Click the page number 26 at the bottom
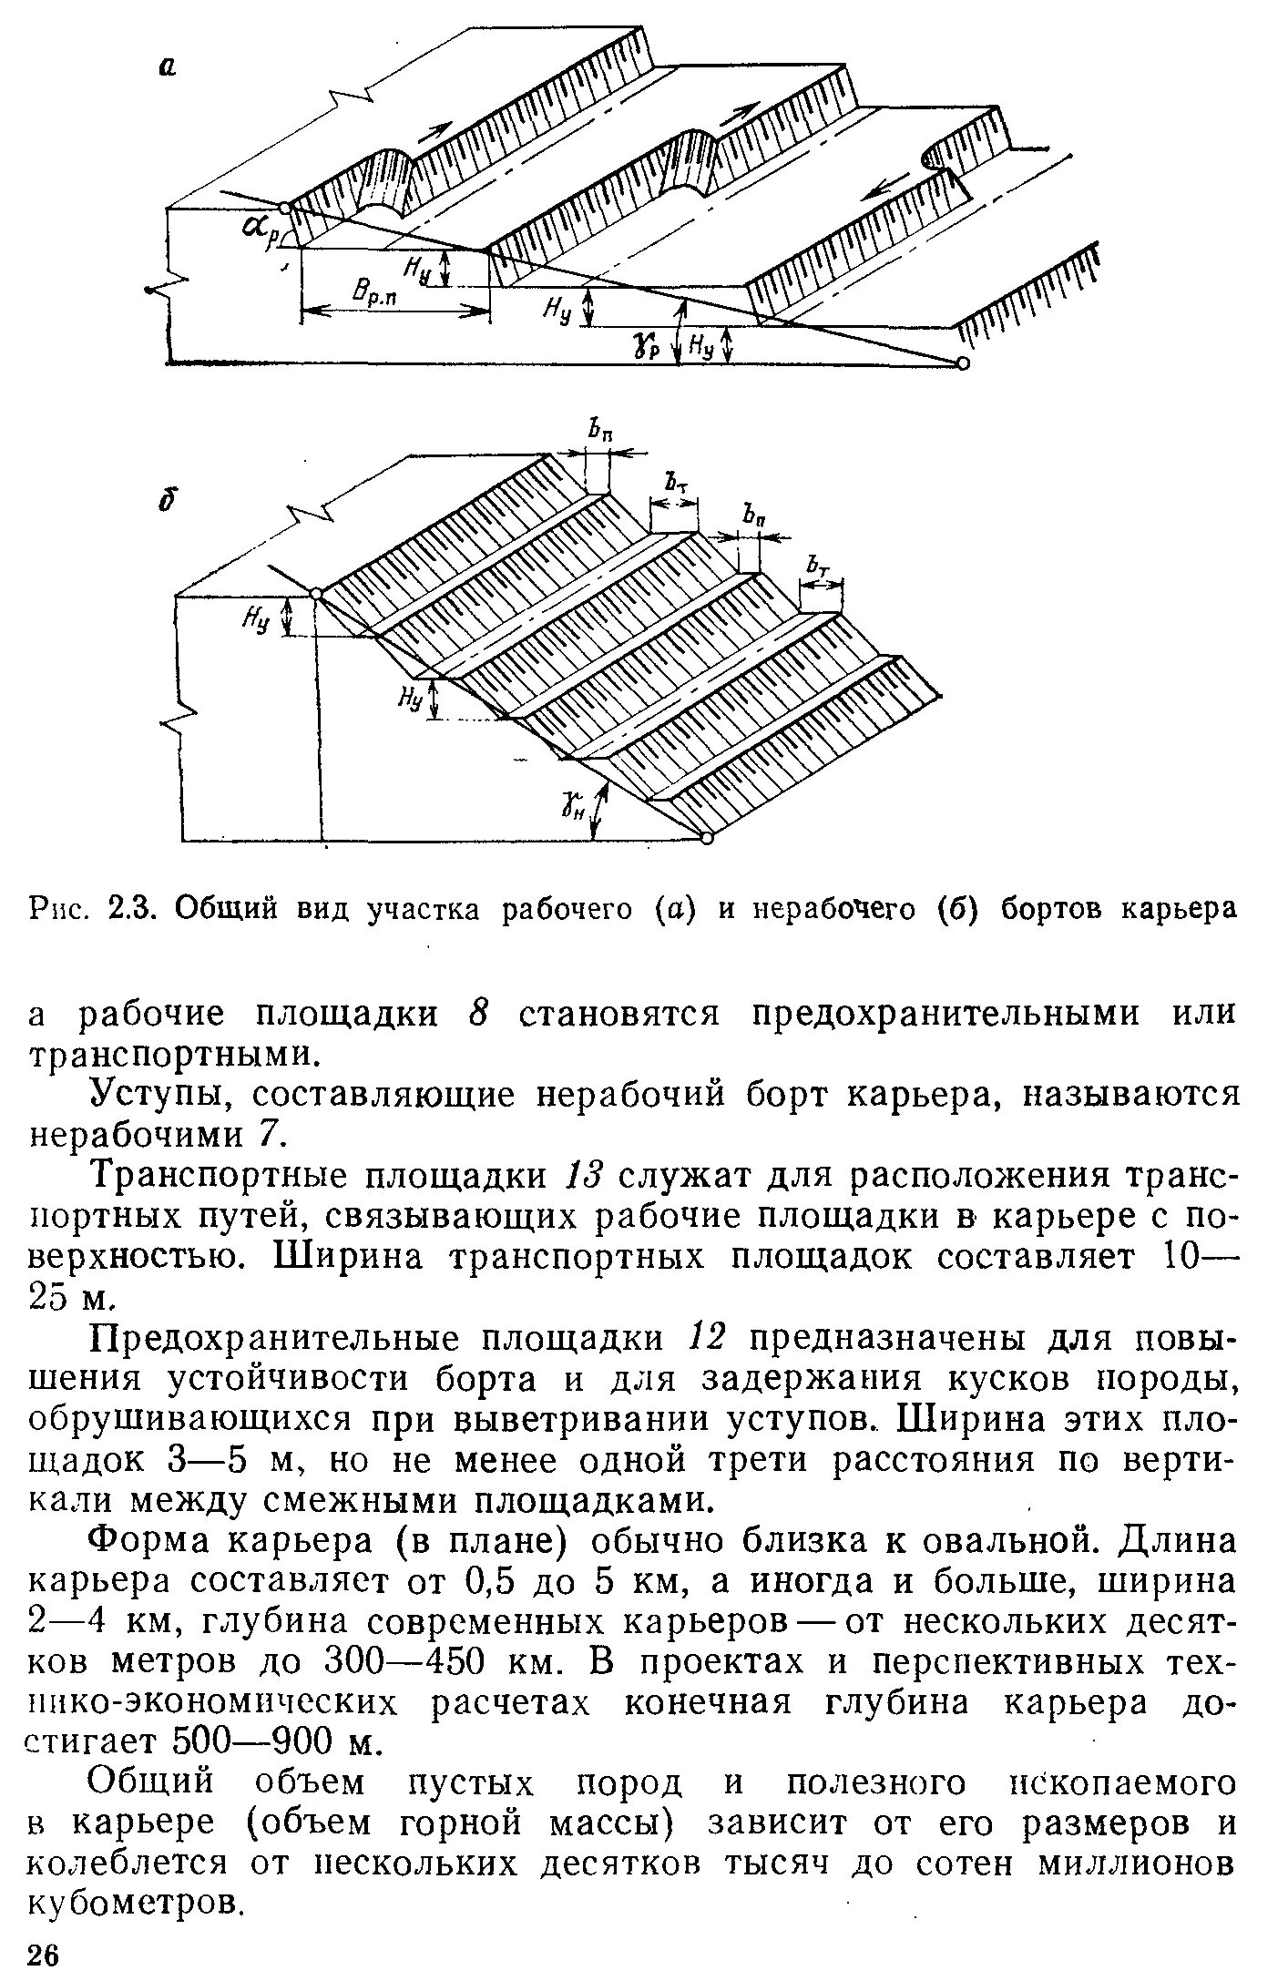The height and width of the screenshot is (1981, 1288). pos(44,1956)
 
